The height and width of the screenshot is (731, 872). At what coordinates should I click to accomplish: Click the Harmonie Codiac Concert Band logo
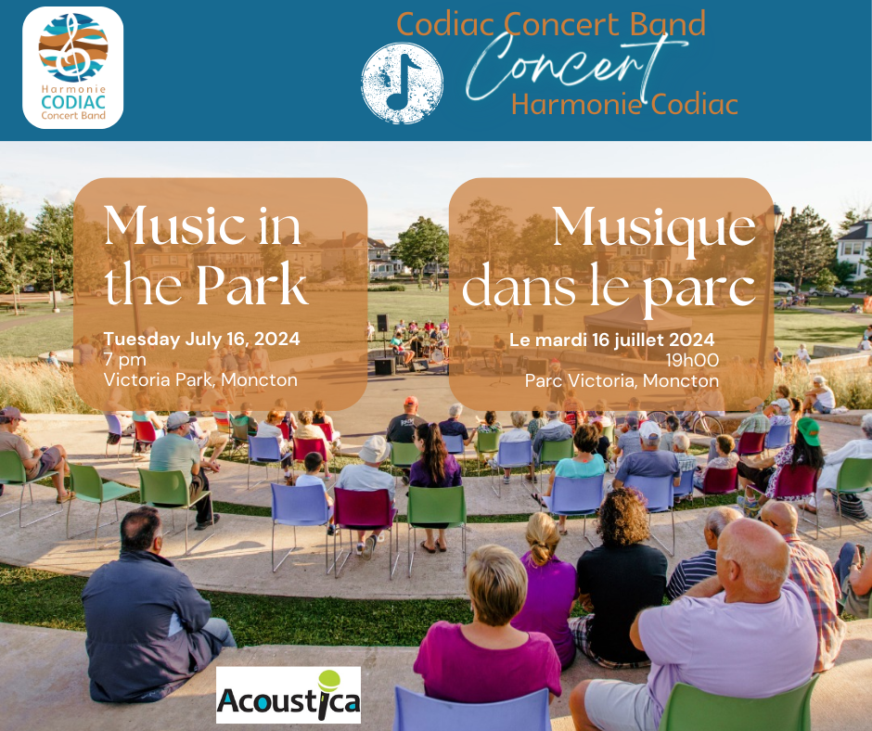(x=73, y=68)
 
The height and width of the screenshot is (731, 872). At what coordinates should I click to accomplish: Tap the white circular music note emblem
(x=402, y=83)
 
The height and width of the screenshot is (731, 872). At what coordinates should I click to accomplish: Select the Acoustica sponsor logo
(x=289, y=695)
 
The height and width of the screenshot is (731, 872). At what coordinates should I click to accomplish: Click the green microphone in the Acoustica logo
(x=327, y=686)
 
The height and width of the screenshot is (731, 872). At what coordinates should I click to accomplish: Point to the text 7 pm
(x=125, y=359)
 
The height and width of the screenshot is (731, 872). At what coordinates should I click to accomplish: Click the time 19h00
(x=692, y=361)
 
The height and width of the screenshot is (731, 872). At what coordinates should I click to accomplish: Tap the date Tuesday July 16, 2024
(x=202, y=339)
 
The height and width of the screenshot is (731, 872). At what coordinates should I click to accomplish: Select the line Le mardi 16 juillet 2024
(x=611, y=340)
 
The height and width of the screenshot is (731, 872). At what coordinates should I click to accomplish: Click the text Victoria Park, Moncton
(x=200, y=380)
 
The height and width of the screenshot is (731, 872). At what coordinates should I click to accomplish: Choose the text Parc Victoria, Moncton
(x=622, y=381)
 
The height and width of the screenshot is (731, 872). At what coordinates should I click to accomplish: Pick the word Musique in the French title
(x=654, y=228)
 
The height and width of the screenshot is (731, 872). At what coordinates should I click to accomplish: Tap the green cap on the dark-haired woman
(x=809, y=430)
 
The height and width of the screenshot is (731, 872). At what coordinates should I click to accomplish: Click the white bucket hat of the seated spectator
(x=374, y=449)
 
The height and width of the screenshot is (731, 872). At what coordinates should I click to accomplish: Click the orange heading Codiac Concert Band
(x=551, y=24)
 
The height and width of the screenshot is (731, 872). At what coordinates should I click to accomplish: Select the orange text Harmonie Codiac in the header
(x=624, y=104)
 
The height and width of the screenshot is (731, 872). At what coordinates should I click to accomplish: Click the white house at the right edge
(x=854, y=250)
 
